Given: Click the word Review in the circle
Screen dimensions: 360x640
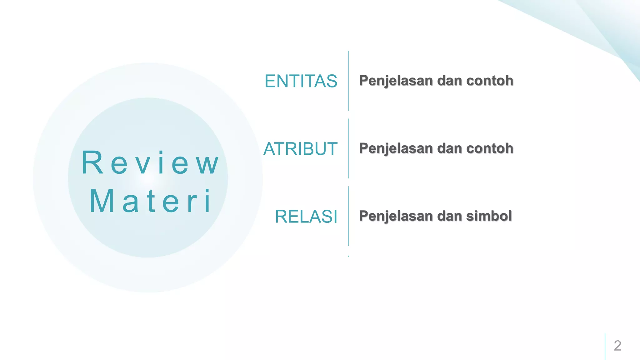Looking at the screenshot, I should pyautogui.click(x=150, y=162).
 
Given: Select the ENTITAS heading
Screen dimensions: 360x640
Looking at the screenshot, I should pyautogui.click(x=301, y=81).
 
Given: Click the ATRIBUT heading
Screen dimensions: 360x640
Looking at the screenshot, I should pyautogui.click(x=300, y=149).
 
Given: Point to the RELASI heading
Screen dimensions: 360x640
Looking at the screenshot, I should pyautogui.click(x=306, y=217).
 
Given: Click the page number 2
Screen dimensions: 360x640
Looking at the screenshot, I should pyautogui.click(x=617, y=346).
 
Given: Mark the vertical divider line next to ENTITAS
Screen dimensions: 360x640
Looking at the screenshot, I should pyautogui.click(x=348, y=81).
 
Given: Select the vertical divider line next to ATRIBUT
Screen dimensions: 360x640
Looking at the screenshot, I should pyautogui.click(x=348, y=148).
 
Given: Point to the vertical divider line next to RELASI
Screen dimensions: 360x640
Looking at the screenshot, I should pyautogui.click(x=348, y=216).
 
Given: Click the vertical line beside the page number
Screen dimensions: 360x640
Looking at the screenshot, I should pyautogui.click(x=605, y=346).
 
